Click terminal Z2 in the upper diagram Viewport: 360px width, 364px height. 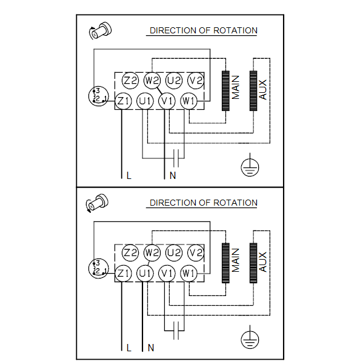tap(130, 81)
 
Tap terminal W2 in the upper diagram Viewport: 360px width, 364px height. tap(152, 81)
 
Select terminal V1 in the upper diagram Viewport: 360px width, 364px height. tap(167, 101)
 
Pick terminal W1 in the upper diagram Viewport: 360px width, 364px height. tap(188, 101)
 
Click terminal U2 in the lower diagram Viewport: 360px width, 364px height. tap(174, 253)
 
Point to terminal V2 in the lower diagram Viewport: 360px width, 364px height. tap(196, 253)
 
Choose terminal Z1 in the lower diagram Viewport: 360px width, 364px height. tap(123, 273)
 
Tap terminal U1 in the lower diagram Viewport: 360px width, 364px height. tap(145, 273)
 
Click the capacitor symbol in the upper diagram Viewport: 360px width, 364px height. tap(176, 158)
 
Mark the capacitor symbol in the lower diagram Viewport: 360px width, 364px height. tap(176, 331)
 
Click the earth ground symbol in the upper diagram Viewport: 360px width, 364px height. tap(250, 165)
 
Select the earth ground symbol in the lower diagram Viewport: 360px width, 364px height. tap(250, 337)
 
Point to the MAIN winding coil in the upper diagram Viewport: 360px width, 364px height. tap(225, 91)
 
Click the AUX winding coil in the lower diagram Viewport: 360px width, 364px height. tap(253, 263)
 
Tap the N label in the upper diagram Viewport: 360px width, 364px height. tap(173, 175)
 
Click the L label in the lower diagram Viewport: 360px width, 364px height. tap(129, 348)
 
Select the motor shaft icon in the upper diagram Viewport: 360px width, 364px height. tap(101, 31)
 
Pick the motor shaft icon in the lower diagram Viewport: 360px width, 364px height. tap(97, 203)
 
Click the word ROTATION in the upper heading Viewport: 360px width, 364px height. tap(235, 30)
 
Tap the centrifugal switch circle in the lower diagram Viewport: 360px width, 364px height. tap(99, 268)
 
